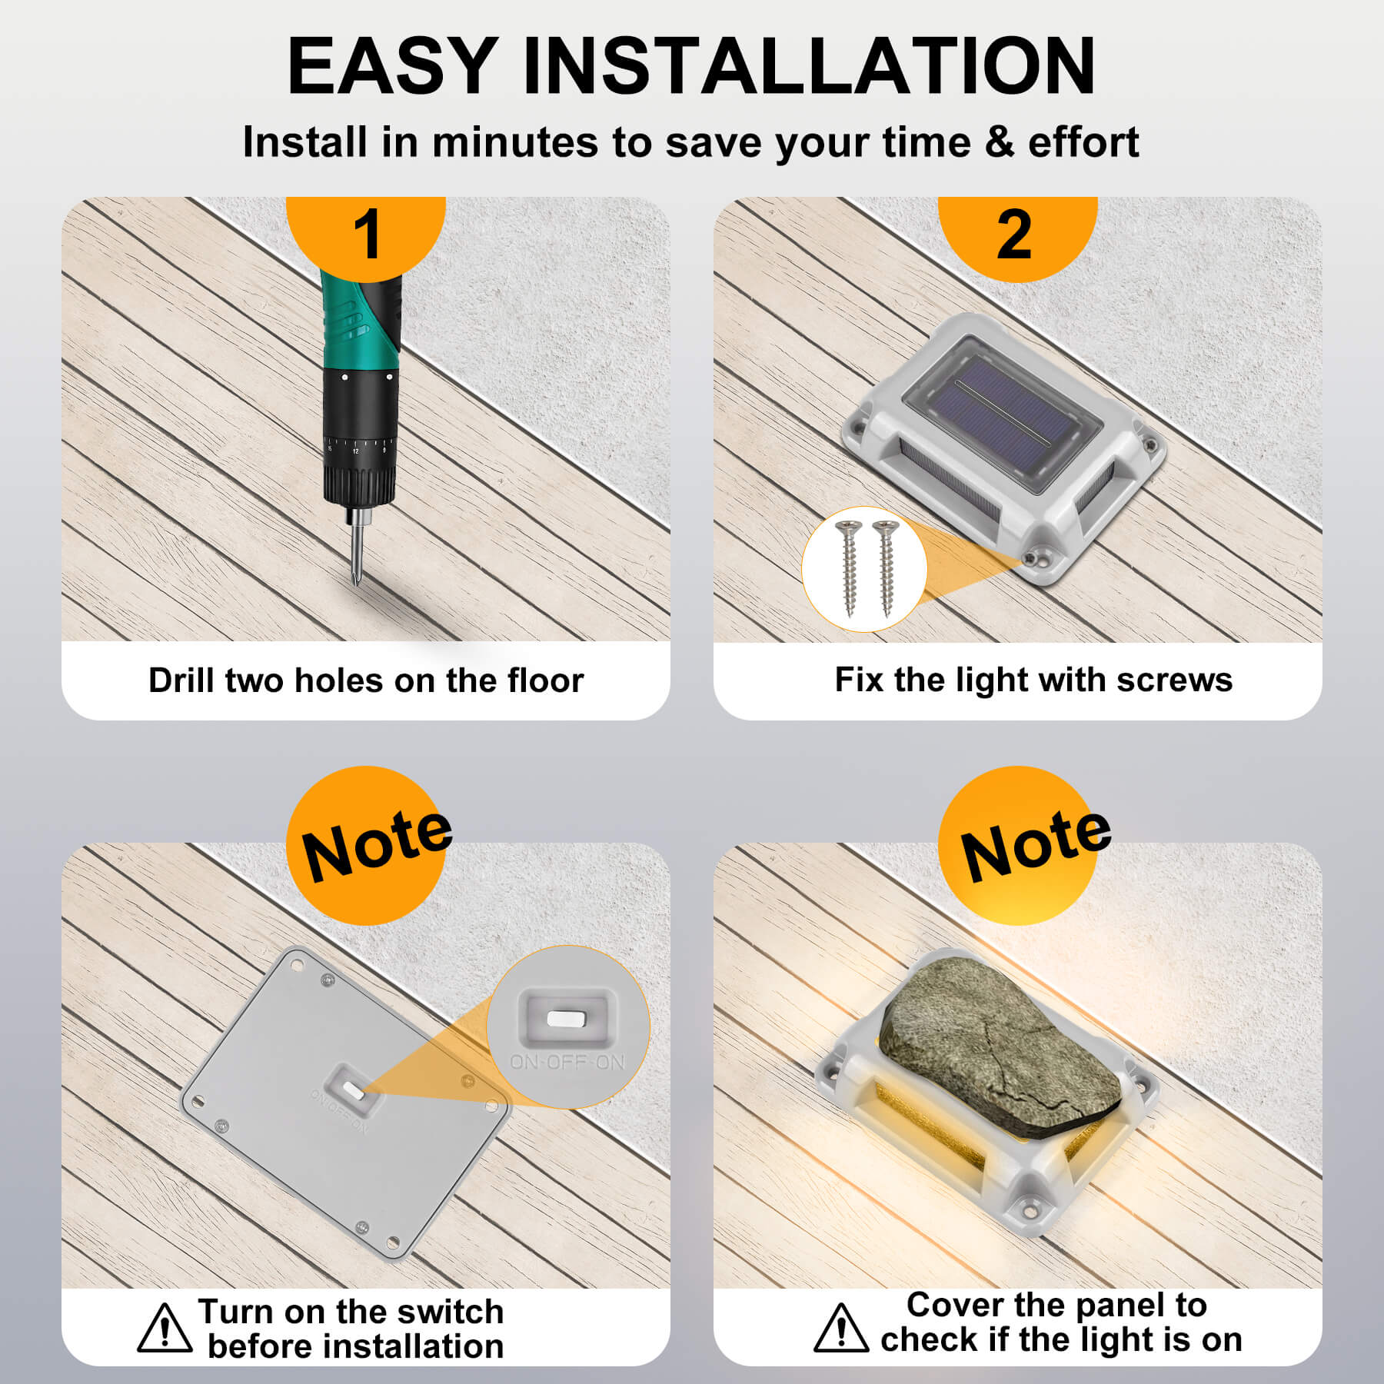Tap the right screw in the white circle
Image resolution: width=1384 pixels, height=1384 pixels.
[886, 567]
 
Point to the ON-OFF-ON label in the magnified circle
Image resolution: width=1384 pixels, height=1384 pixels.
[568, 1063]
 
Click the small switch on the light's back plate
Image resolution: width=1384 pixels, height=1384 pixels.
[354, 1090]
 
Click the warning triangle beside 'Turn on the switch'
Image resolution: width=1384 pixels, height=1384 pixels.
[165, 1328]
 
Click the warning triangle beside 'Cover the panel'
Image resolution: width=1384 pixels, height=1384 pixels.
[841, 1328]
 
